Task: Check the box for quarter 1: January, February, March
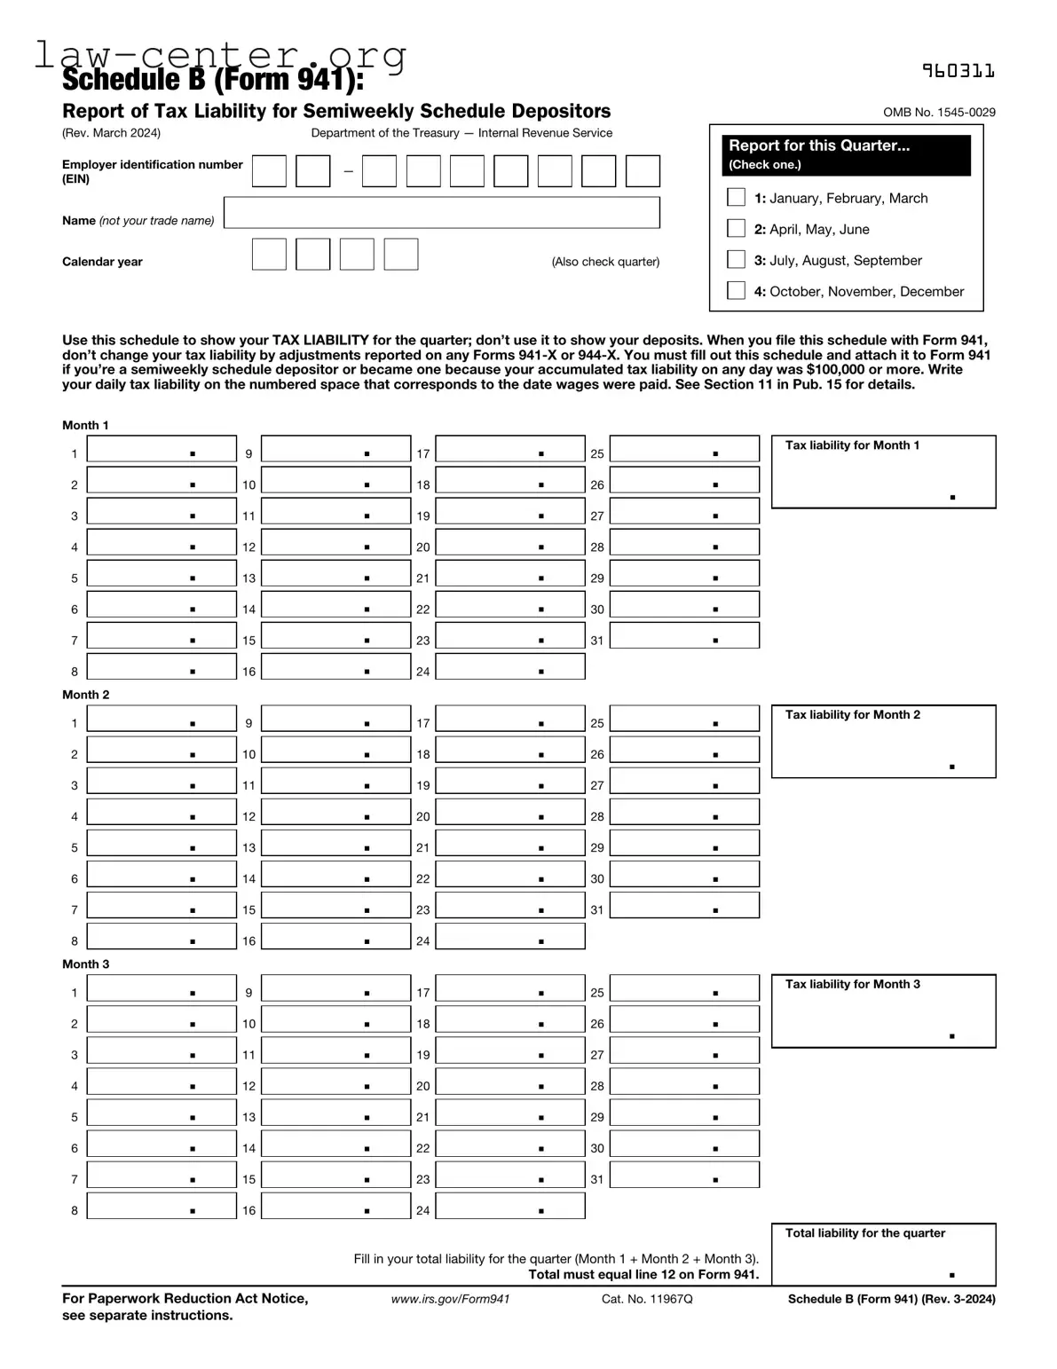tap(736, 197)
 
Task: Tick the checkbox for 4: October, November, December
tap(736, 290)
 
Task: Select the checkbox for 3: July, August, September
tap(736, 259)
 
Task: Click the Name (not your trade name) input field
tap(441, 213)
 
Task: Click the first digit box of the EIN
tap(269, 171)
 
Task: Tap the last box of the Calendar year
tap(400, 255)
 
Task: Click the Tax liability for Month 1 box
tap(883, 473)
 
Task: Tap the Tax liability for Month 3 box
tap(883, 1012)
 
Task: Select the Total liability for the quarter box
tap(883, 1255)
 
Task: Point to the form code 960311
tap(958, 71)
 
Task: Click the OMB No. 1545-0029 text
tap(939, 113)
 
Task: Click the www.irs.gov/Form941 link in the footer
tap(450, 1299)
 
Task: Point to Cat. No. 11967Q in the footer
tap(646, 1299)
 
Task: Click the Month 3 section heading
tap(86, 964)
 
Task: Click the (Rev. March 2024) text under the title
tap(111, 133)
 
